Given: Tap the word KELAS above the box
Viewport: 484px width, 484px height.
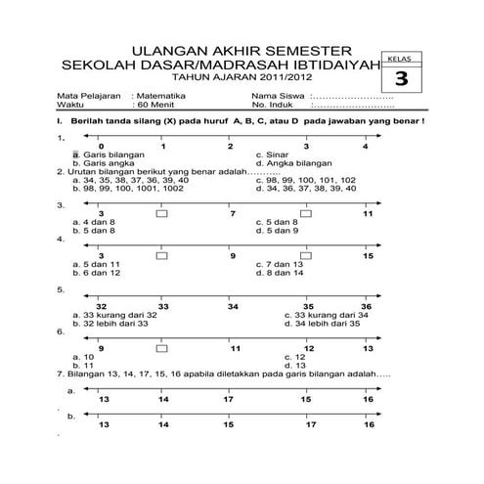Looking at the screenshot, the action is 398,60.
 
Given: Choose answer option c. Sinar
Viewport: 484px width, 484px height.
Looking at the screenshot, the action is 273,154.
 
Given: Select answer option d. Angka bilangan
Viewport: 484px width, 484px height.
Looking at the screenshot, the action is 294,162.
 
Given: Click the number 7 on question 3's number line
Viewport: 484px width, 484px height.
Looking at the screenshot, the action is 233,212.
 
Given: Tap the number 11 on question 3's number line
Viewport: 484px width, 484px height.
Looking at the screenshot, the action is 368,212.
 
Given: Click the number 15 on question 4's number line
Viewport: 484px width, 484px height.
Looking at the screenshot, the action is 368,256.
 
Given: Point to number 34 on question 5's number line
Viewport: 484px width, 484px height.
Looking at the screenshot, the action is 233,306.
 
